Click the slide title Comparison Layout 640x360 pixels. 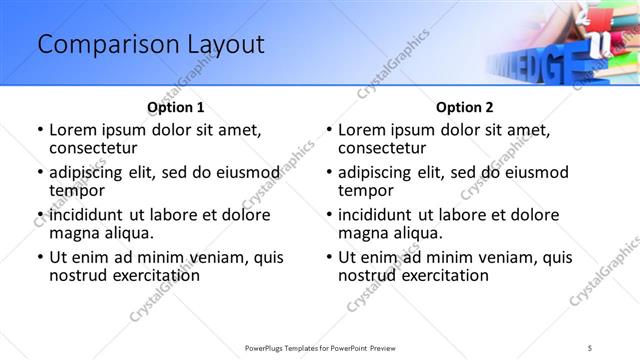(150, 45)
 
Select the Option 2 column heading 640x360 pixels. (465, 107)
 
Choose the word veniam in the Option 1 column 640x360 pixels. (199, 257)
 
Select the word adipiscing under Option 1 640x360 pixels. (91, 172)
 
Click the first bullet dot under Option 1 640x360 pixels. (39, 131)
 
